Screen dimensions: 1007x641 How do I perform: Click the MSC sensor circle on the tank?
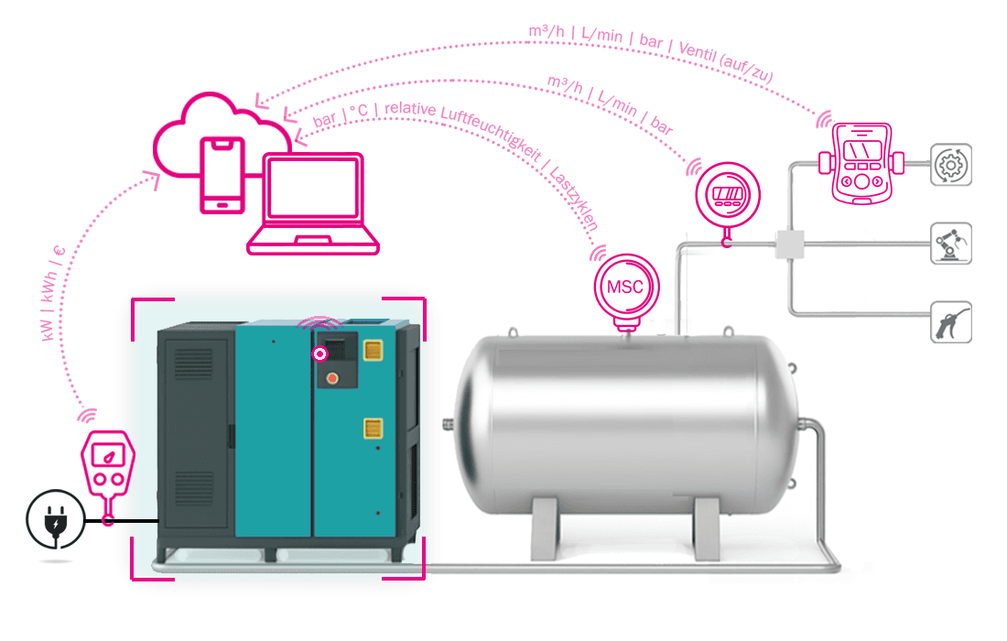626,287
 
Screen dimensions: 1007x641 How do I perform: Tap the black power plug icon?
56,519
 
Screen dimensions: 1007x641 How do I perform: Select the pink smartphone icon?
222,175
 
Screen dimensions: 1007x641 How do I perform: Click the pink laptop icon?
313,203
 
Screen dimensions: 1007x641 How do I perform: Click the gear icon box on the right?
951,165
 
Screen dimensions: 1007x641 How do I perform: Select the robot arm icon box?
951,244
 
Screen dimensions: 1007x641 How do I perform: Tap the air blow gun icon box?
951,321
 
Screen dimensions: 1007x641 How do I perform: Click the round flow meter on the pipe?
728,195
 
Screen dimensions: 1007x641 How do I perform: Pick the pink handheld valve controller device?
861,163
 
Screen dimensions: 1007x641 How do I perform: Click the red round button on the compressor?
332,378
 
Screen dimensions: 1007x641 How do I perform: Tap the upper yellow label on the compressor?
374,350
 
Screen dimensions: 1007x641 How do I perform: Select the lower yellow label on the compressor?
374,427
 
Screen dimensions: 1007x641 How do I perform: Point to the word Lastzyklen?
574,198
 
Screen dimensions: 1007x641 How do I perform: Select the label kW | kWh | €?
52,293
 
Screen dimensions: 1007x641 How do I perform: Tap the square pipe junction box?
789,244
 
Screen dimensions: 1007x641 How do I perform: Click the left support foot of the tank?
545,528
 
